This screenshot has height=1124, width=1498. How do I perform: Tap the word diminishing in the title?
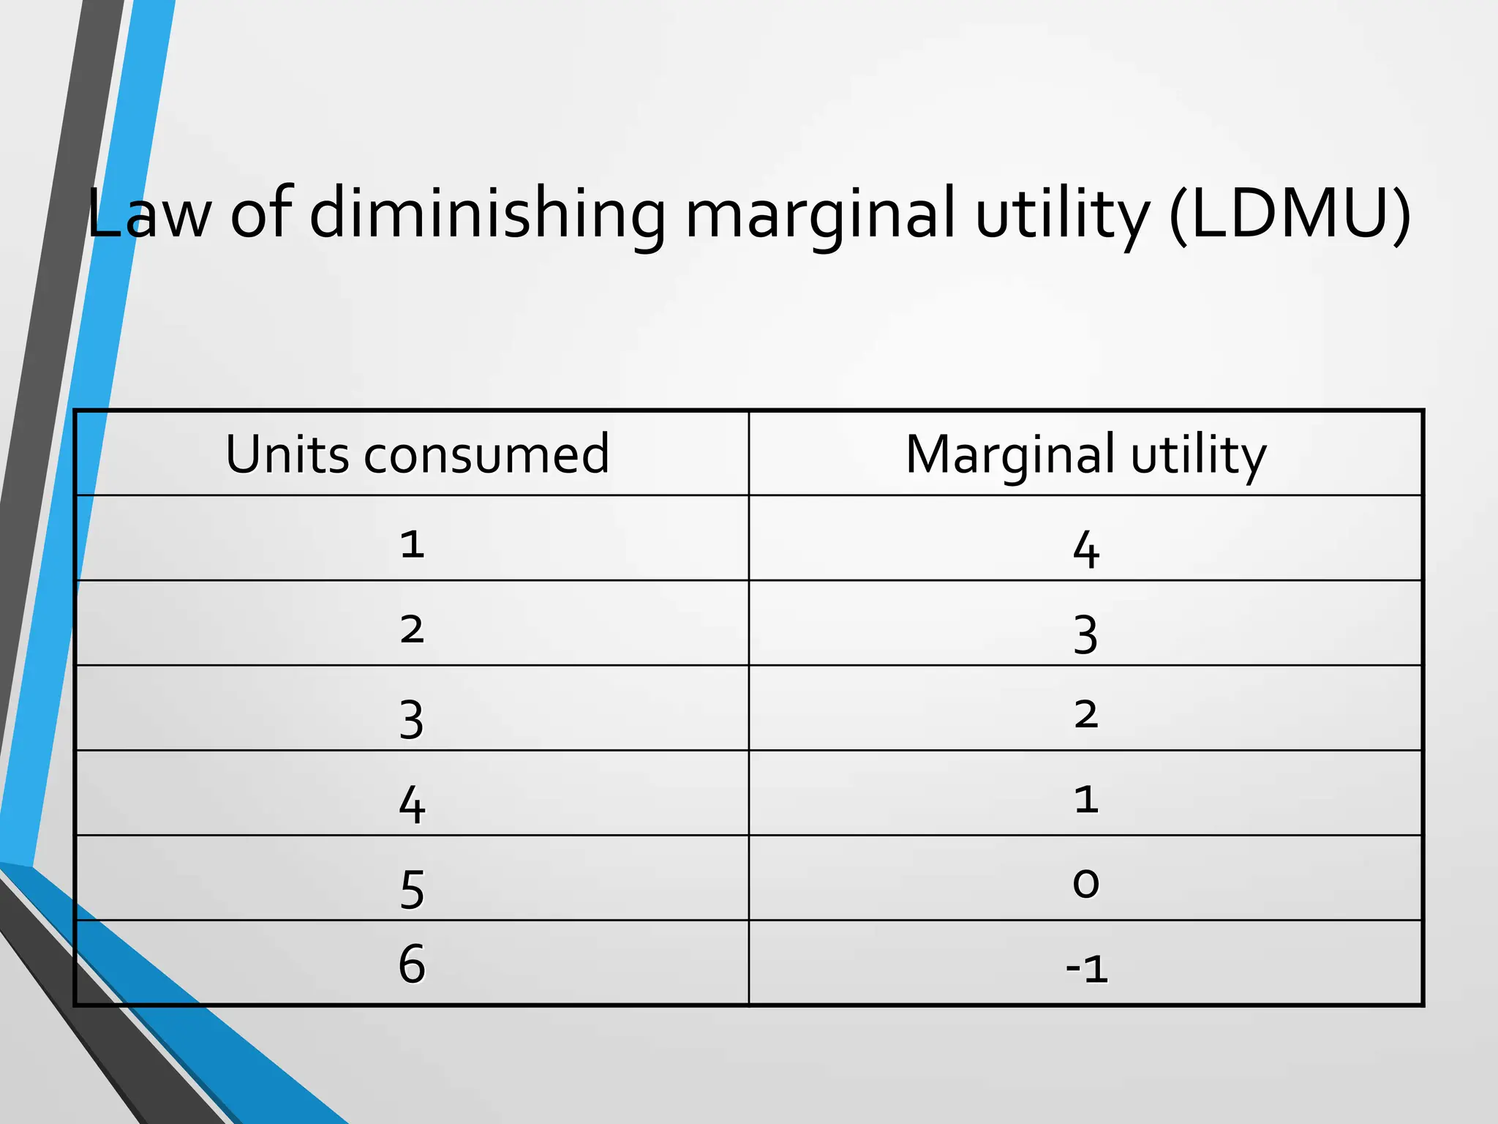[x=487, y=214]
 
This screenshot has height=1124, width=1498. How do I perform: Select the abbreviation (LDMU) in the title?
[x=1290, y=214]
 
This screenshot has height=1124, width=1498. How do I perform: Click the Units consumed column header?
[x=417, y=454]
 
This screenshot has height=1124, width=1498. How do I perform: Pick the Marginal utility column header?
[x=1085, y=454]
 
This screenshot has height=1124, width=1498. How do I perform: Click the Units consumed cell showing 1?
[x=413, y=544]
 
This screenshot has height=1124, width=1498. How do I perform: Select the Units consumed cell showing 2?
[x=413, y=629]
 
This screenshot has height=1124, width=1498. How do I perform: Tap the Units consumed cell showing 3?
[x=413, y=719]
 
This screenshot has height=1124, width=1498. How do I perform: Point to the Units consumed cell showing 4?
[x=413, y=804]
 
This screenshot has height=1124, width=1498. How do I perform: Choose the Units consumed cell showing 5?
[x=413, y=889]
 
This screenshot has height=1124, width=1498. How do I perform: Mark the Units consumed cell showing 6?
[x=413, y=963]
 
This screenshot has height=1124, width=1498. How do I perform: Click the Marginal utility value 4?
[x=1086, y=549]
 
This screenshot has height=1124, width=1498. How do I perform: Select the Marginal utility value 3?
[x=1086, y=634]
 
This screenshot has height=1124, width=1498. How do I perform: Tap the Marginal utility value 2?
[x=1086, y=713]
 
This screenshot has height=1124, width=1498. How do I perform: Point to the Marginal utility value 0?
[x=1086, y=883]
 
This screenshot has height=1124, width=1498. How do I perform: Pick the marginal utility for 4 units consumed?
[x=1086, y=798]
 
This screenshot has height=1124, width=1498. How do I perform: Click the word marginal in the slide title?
[x=820, y=214]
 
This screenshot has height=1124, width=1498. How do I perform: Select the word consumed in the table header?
[x=486, y=454]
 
